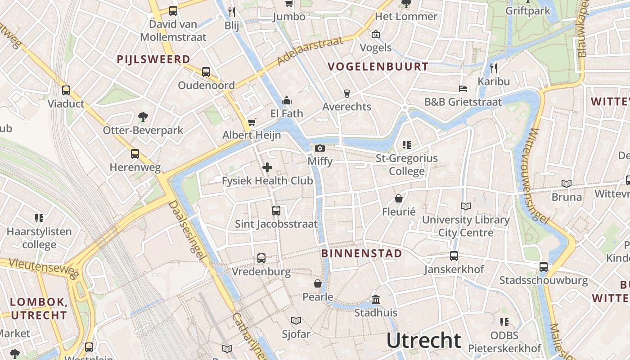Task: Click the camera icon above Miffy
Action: [x=319, y=148]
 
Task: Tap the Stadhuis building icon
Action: [x=375, y=299]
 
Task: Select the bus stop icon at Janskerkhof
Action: [x=454, y=256]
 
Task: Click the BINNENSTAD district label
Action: [x=362, y=253]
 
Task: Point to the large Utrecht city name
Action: [x=424, y=341]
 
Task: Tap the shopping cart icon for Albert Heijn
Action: [x=252, y=122]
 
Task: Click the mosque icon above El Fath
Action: [x=286, y=100]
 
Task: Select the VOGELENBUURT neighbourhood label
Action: [x=378, y=67]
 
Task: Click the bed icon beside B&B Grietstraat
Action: [x=463, y=89]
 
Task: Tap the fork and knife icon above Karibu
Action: [x=494, y=68]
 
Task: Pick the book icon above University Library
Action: [x=465, y=207]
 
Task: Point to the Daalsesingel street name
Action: [x=187, y=230]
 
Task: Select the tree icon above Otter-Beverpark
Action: [x=143, y=117]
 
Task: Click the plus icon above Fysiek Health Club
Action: [x=267, y=167]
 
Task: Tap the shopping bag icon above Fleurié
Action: [x=398, y=198]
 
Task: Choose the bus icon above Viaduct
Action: [x=66, y=90]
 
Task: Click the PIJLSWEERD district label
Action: [x=153, y=59]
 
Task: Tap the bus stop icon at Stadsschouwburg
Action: [x=543, y=267]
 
